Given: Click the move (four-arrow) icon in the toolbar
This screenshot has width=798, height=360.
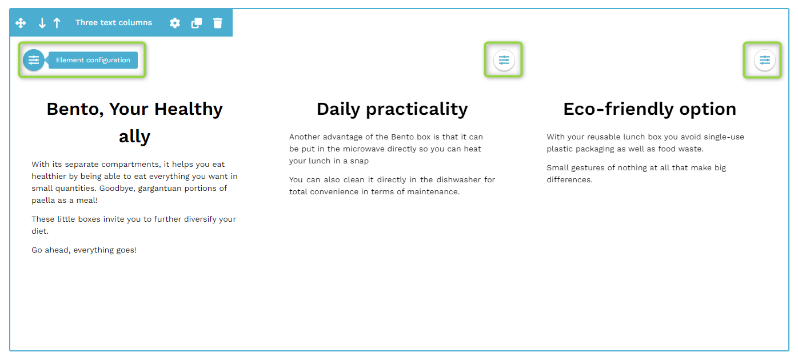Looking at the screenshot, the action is click(21, 23).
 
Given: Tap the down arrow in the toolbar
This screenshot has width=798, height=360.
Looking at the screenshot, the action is click(42, 23).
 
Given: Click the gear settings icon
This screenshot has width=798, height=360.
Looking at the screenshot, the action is click(175, 23).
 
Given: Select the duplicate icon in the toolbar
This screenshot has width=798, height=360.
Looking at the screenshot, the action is click(197, 23).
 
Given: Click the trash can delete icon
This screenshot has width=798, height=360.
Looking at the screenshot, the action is click(218, 23).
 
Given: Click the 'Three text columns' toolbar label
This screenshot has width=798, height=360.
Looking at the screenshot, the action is click(114, 22).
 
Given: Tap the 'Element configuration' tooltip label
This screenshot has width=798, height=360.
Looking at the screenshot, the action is click(93, 60).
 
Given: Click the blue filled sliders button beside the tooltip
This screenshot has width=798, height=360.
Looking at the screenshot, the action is click(34, 60).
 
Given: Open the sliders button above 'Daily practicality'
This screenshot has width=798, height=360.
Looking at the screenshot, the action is click(504, 60).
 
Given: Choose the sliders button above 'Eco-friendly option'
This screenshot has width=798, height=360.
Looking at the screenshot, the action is click(764, 60).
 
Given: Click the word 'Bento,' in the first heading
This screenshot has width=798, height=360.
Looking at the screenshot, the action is click(75, 109).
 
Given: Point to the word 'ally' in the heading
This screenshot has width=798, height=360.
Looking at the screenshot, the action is click(135, 137).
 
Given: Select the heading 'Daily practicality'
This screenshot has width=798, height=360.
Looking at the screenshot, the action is click(392, 109).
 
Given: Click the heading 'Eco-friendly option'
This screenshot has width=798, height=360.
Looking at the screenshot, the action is click(650, 109).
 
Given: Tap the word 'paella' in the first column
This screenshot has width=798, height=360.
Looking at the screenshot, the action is click(43, 200).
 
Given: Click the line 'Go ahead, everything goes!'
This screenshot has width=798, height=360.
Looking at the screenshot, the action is click(83, 250).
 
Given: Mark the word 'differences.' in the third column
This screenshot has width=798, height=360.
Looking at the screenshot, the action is click(570, 179).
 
